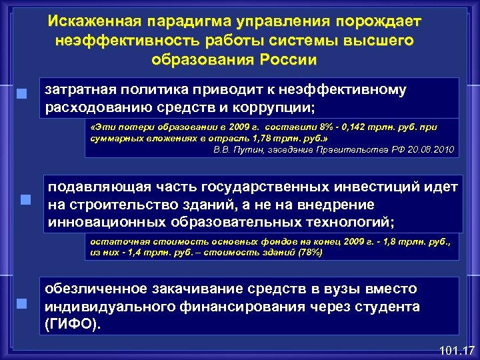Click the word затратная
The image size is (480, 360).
click(x=85, y=89)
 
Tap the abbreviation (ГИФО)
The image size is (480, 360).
click(x=73, y=324)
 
